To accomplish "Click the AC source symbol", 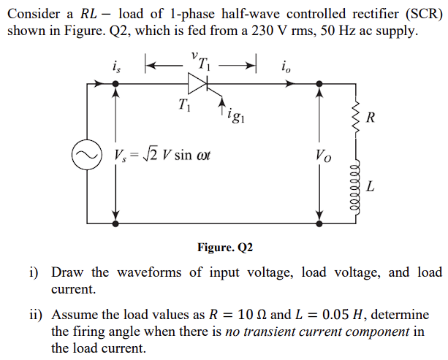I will [x=85, y=155].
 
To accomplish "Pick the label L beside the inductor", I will [x=371, y=187].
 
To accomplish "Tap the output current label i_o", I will [x=285, y=66].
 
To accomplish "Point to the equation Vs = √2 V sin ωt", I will [x=162, y=155].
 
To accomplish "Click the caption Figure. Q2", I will [x=224, y=248].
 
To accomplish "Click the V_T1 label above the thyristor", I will [x=200, y=60].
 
